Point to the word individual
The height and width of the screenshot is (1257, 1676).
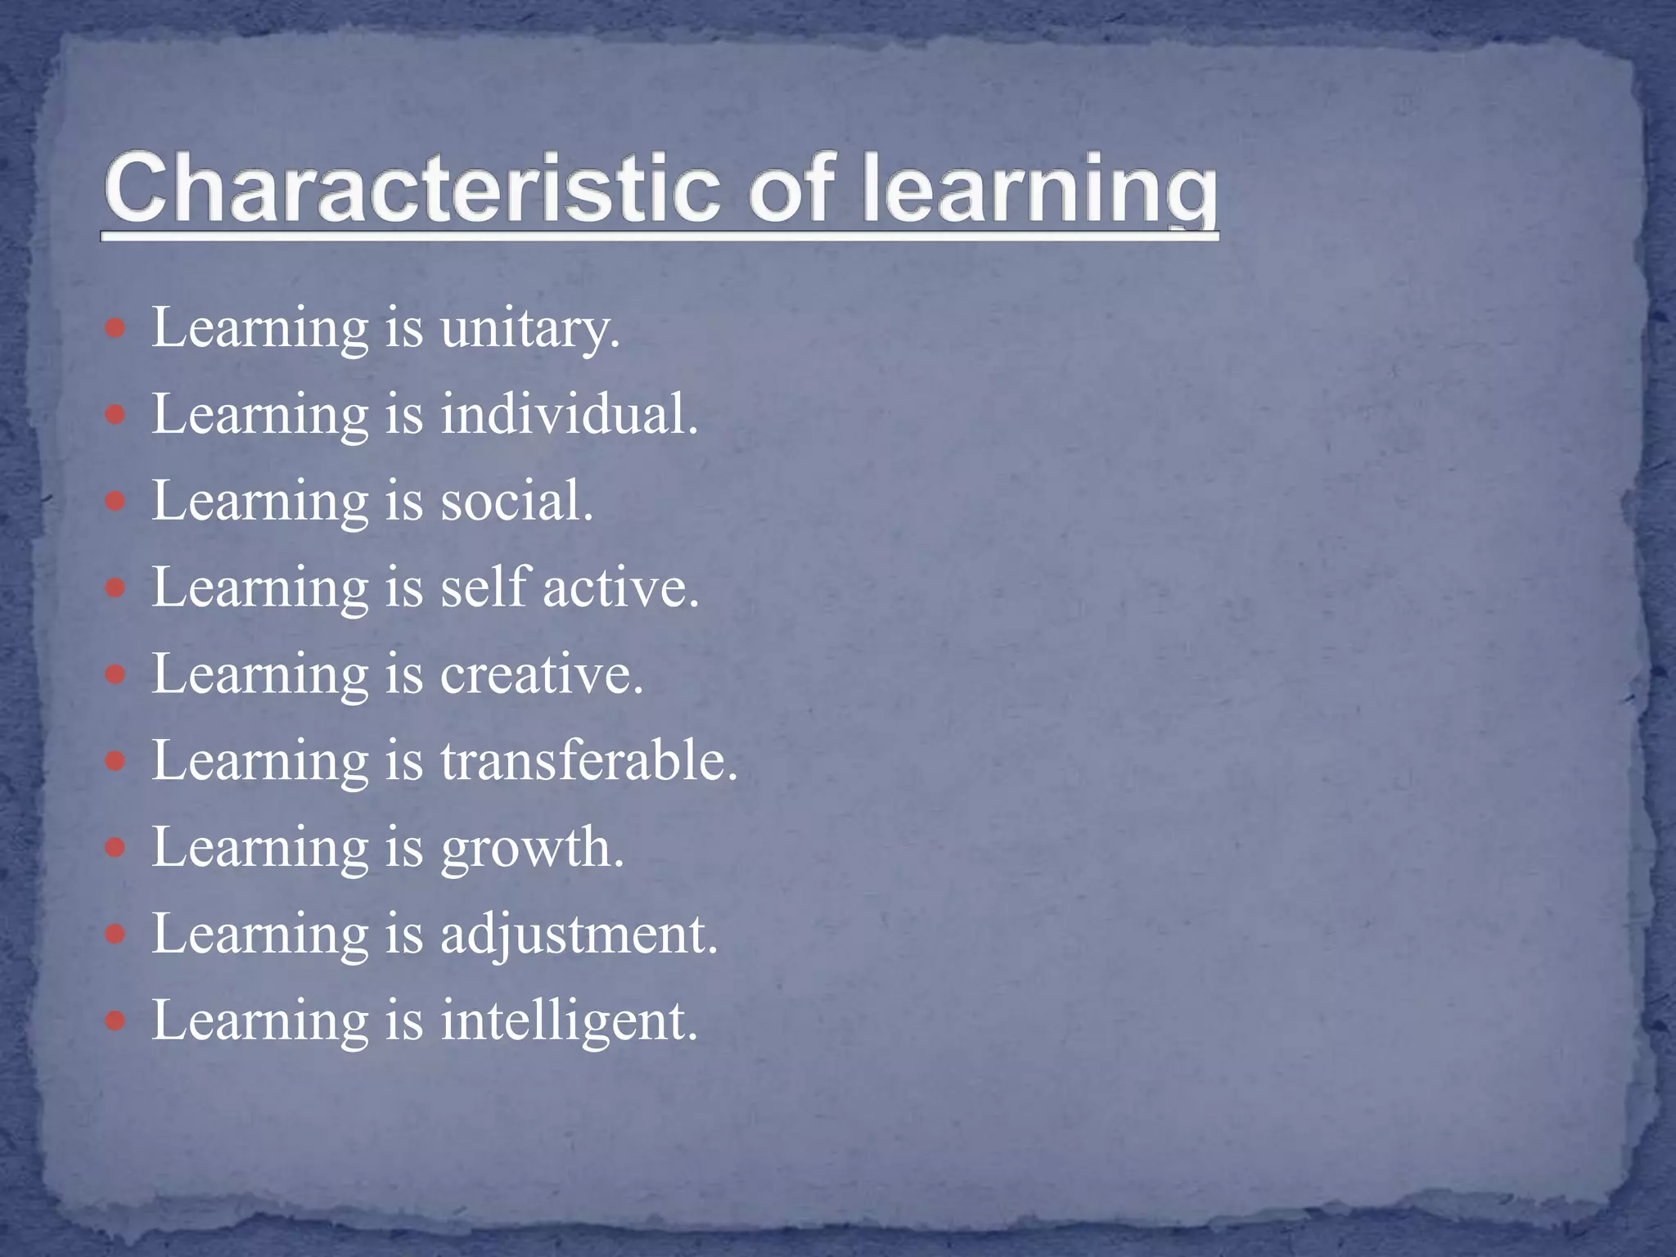tap(569, 414)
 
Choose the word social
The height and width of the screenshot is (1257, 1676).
tap(516, 501)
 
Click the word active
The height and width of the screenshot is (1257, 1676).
tap(621, 588)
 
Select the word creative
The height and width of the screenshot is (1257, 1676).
tap(542, 674)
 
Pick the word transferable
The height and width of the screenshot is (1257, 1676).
tap(589, 760)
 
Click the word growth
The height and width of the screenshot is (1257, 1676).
tap(532, 849)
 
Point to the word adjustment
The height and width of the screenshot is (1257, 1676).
tap(579, 935)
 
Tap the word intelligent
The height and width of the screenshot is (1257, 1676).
tap(569, 1021)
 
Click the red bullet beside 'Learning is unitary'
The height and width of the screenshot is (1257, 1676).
tap(115, 329)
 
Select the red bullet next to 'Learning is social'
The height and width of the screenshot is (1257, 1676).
tap(115, 501)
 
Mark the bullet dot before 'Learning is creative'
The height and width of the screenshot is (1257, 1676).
tap(115, 674)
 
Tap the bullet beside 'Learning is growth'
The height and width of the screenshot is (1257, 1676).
tap(115, 847)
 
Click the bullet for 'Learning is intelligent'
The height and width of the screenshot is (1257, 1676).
tap(115, 1020)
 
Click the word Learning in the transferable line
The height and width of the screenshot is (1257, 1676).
tap(260, 762)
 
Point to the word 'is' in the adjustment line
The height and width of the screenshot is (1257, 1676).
tap(404, 935)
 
